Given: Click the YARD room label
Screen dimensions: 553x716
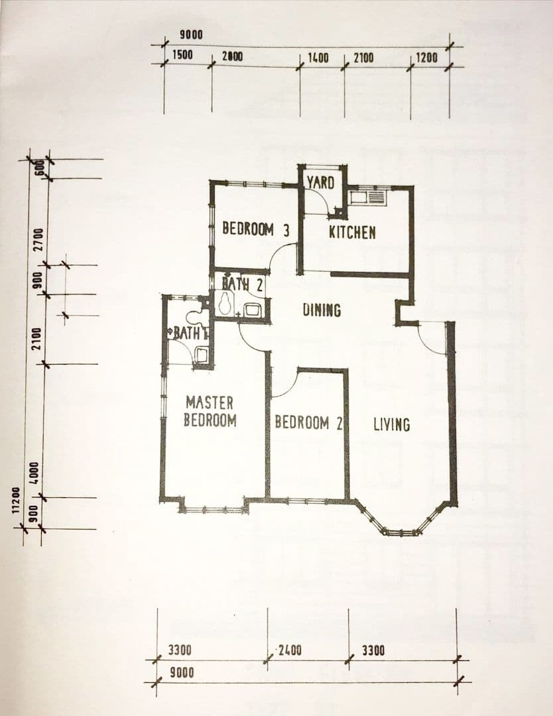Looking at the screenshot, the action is (x=320, y=182).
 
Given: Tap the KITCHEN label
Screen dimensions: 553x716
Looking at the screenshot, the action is (x=353, y=233).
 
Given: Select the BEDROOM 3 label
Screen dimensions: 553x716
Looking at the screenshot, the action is (x=256, y=229).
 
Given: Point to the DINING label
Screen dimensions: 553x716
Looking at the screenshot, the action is (x=322, y=310).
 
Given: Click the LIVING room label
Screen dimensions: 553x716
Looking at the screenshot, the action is (x=392, y=425).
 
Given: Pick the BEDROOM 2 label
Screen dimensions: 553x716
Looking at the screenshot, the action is (x=308, y=422).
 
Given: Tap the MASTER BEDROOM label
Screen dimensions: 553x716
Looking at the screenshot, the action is (x=210, y=412).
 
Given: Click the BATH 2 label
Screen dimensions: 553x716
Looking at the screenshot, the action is (x=242, y=284).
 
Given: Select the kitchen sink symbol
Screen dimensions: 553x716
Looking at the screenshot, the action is (x=367, y=197).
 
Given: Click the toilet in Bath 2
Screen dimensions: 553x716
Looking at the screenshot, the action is (x=225, y=304).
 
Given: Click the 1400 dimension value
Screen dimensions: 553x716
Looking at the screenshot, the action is (x=318, y=58).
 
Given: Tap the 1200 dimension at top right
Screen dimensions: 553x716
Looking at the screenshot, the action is (x=426, y=58).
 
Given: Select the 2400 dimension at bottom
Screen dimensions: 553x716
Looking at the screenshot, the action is (x=290, y=650).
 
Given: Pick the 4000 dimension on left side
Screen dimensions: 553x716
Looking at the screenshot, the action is (x=36, y=475).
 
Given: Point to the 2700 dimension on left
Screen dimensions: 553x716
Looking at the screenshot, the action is (x=39, y=239).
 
